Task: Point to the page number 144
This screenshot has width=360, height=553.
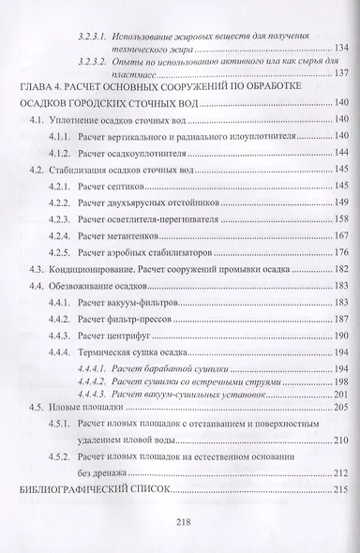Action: (x=336, y=152)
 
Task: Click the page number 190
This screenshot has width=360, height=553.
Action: (x=336, y=336)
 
